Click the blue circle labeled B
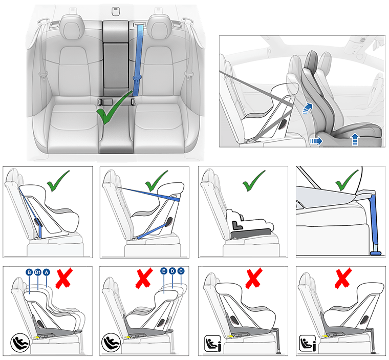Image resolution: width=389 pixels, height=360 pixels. pos(29,272)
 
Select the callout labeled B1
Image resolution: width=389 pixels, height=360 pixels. pos(38,272)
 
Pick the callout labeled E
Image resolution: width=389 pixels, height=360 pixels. pos(163,271)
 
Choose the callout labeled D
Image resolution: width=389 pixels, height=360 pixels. pos(172,271)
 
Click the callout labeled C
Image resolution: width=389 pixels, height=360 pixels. pos(181,271)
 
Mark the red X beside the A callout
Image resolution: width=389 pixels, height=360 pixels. pos(64,278)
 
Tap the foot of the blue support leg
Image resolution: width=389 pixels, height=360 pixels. pos(376,252)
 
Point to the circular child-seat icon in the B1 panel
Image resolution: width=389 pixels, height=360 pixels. pos(19,342)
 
